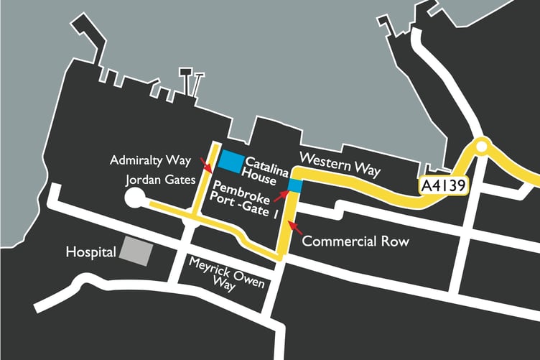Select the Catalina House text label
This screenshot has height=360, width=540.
(268, 168)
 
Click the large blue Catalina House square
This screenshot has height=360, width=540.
(231, 162)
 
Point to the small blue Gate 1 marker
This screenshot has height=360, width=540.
(294, 186)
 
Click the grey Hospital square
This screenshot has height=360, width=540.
(136, 251)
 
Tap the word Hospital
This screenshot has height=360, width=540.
(90, 253)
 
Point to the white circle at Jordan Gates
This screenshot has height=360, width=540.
(134, 198)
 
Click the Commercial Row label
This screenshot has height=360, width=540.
(355, 241)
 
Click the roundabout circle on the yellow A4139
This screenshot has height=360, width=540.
(481, 148)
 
